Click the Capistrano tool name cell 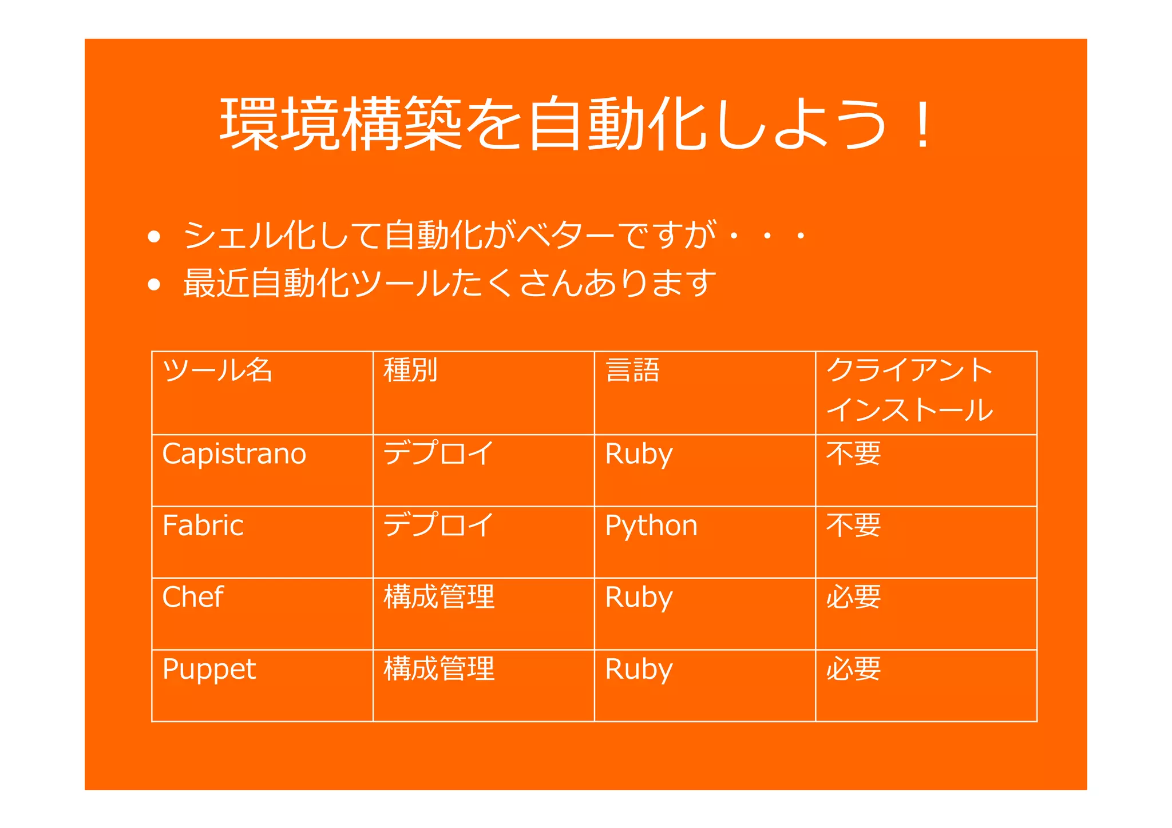click(234, 454)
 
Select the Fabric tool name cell click(203, 526)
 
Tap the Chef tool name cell click(192, 598)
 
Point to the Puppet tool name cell click(209, 670)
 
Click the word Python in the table click(651, 526)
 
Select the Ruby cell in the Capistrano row click(639, 455)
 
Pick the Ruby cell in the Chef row click(639, 598)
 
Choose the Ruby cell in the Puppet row click(639, 670)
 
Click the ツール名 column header click(217, 370)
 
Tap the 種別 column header click(410, 370)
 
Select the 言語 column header click(632, 370)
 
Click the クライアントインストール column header click(909, 390)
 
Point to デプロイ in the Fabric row click(438, 525)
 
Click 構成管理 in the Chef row click(439, 597)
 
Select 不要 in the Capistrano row click(853, 454)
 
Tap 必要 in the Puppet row click(853, 669)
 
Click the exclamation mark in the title click(922, 125)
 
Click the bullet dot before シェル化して click(153, 236)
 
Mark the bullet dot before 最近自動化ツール click(153, 284)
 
